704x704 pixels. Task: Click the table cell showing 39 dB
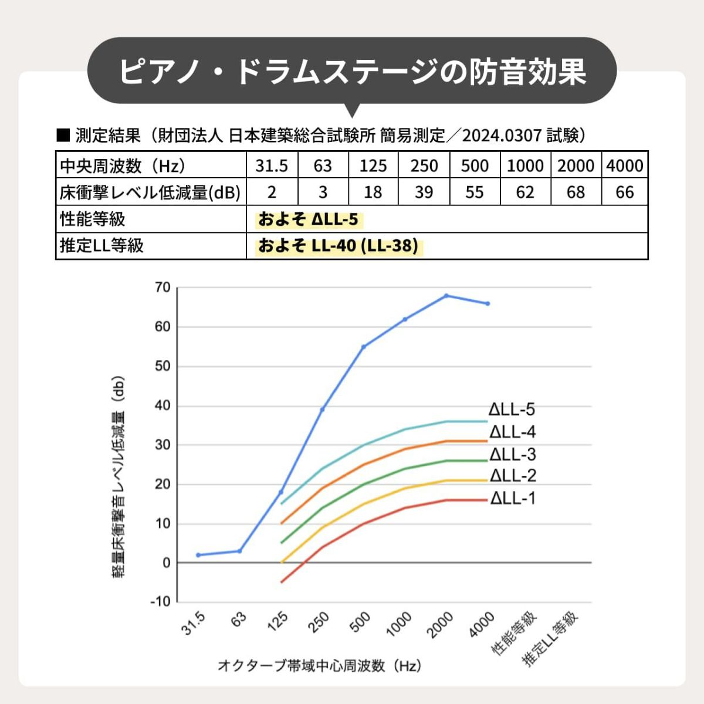424,192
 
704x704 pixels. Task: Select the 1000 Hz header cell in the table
525,166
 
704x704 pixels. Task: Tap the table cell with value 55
475,192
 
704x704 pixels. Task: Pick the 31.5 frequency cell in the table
272,166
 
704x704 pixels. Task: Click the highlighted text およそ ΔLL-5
309,219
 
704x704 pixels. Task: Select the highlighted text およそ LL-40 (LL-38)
339,246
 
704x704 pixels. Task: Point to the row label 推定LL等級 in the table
102,246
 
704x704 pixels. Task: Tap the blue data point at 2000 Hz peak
446,296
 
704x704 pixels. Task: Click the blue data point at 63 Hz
239,551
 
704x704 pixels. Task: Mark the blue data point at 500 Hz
363,347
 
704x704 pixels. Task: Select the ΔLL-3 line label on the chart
513,455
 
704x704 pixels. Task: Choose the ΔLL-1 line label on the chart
513,499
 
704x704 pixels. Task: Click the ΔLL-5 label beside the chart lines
512,409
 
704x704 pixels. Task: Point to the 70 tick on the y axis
163,287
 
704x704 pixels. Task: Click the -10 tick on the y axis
160,602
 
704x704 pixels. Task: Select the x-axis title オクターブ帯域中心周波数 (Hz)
320,666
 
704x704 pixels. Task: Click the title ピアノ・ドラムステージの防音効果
352,72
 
